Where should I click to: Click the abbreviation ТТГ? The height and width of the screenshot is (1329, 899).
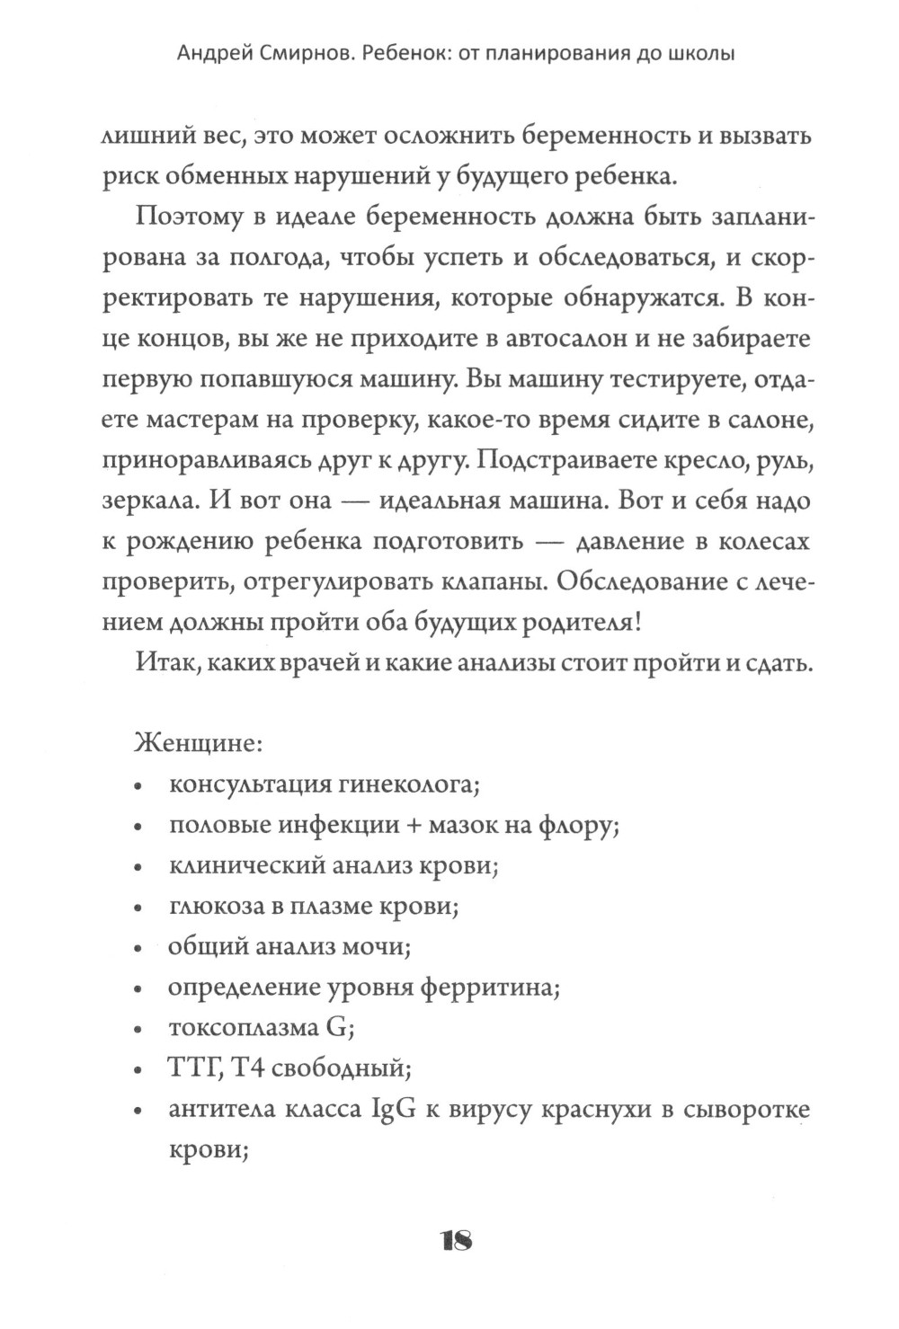coord(193,1068)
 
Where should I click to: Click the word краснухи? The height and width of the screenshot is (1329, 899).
coord(601,1110)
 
